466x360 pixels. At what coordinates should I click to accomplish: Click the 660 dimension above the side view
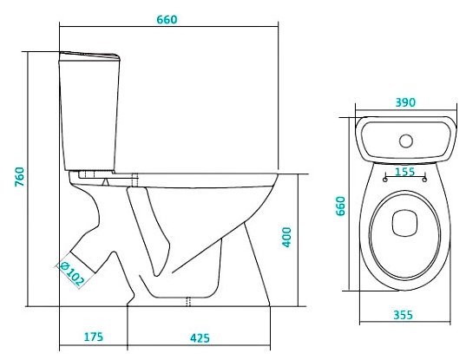click(x=167, y=20)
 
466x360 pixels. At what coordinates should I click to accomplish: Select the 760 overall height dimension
click(x=20, y=177)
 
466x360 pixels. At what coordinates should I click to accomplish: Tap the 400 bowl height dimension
click(x=286, y=237)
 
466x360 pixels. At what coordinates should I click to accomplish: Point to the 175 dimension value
click(x=94, y=337)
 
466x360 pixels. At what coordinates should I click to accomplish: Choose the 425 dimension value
click(x=200, y=338)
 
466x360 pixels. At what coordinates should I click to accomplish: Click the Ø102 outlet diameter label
click(x=72, y=273)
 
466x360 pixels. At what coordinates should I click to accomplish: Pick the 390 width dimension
click(x=405, y=102)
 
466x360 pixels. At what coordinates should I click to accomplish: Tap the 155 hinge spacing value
click(x=404, y=172)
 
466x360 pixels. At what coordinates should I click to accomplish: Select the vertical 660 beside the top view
click(x=340, y=206)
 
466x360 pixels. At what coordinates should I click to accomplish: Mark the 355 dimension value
click(x=404, y=315)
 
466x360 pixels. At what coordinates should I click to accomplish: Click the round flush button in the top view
click(x=406, y=141)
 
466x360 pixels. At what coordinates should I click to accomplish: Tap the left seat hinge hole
click(x=385, y=180)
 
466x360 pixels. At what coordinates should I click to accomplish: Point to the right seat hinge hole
click(x=425, y=180)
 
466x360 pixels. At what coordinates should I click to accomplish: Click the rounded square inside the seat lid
click(x=404, y=223)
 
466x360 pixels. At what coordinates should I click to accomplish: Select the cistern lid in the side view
click(x=89, y=56)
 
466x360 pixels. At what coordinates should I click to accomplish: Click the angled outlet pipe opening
click(x=82, y=262)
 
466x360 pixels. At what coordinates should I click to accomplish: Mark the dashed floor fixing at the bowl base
click(x=188, y=302)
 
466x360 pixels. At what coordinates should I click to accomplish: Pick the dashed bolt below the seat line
click(x=135, y=180)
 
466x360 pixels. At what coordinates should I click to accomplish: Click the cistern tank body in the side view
click(x=89, y=115)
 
